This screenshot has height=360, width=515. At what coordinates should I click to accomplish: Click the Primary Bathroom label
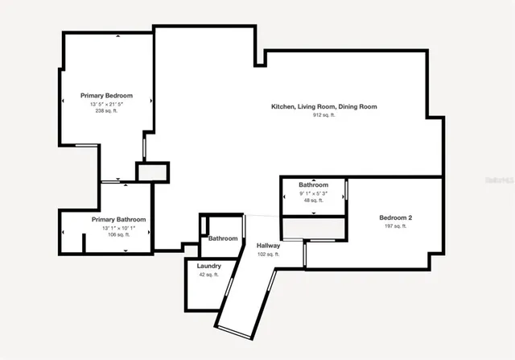click(x=118, y=220)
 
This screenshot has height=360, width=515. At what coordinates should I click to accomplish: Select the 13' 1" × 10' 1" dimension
click(x=118, y=229)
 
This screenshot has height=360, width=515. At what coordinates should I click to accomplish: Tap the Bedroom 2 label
click(x=396, y=217)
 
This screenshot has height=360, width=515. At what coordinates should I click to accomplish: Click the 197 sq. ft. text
click(x=396, y=226)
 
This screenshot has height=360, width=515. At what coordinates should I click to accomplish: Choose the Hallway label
click(x=268, y=246)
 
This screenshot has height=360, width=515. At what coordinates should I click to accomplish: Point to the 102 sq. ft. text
click(x=268, y=254)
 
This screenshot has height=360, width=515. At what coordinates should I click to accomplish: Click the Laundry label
click(x=209, y=266)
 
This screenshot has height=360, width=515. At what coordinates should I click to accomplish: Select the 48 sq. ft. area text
click(x=313, y=201)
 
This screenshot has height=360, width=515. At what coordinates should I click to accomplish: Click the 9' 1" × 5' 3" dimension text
click(x=313, y=193)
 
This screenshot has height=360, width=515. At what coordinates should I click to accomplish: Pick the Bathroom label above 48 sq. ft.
click(x=313, y=185)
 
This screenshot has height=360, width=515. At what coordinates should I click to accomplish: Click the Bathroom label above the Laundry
click(x=223, y=238)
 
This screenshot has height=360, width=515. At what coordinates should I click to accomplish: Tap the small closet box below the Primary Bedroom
click(x=152, y=172)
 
